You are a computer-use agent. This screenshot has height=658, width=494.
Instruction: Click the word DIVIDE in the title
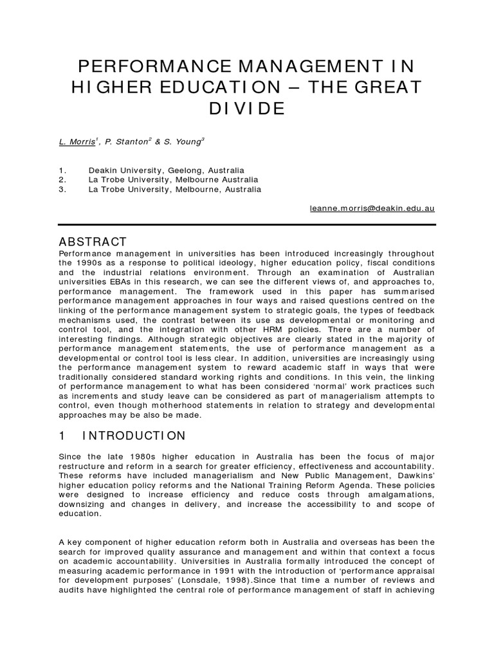[247, 109]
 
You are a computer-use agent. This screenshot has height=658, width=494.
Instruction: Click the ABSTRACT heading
[93, 242]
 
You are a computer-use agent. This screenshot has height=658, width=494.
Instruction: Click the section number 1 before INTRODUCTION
[62, 436]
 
